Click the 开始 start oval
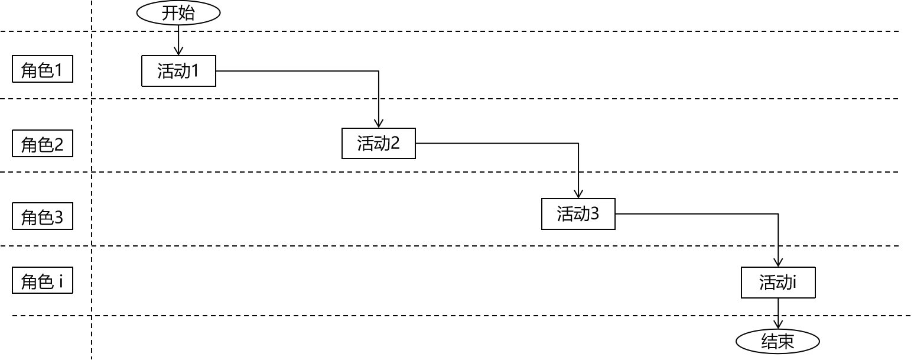click(178, 13)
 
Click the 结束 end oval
click(778, 341)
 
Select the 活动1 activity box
click(178, 71)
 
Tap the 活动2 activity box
click(378, 143)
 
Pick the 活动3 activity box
click(578, 214)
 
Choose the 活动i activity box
click(778, 283)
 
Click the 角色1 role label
click(43, 71)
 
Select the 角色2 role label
click(43, 144)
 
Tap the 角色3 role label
click(43, 218)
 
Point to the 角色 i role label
click(43, 281)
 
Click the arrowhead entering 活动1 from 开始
click(178, 51)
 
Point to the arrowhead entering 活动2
click(378, 124)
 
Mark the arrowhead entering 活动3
click(578, 194)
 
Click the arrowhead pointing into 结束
click(778, 325)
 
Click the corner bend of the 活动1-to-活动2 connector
click(378, 71)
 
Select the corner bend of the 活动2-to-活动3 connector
click(578, 143)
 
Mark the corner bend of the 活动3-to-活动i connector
click(778, 214)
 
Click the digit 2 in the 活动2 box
click(395, 143)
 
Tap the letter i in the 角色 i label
click(61, 281)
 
